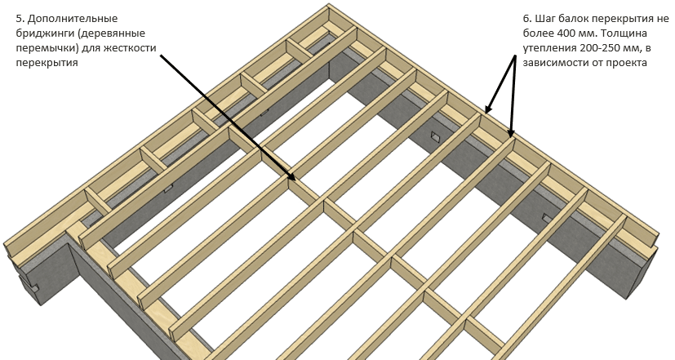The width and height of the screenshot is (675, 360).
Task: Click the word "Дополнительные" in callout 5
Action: [73, 20]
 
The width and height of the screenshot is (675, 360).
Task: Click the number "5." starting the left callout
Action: [20, 19]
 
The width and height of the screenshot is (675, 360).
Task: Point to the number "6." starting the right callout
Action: [528, 19]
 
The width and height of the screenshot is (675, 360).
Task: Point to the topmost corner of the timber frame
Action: [328, 4]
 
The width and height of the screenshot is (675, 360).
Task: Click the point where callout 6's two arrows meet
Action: [515, 56]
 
